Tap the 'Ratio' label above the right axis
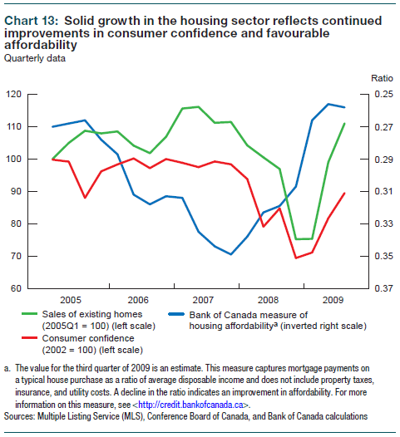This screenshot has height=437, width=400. click(x=370, y=76)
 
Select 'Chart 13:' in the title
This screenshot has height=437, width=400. click(x=30, y=18)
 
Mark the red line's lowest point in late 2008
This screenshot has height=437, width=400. click(x=296, y=258)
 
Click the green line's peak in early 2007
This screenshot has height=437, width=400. click(x=197, y=106)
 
